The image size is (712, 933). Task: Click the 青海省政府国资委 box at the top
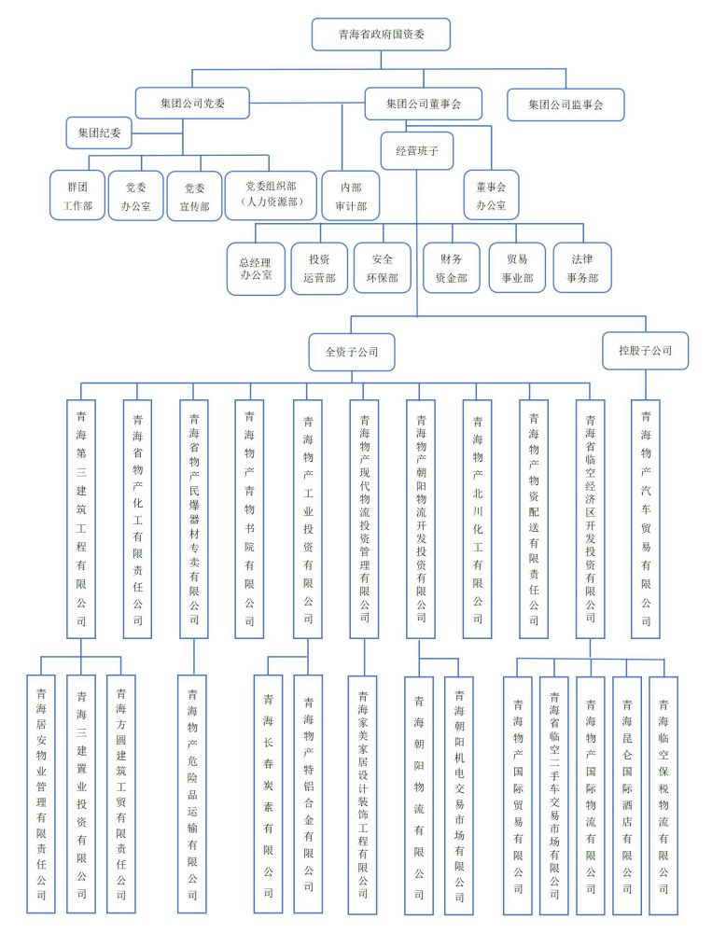(x=381, y=35)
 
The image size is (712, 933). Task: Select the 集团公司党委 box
(x=193, y=104)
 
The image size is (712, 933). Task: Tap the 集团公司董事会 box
(x=423, y=104)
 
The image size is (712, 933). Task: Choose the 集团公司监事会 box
(x=565, y=104)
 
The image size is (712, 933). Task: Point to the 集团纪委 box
(x=99, y=133)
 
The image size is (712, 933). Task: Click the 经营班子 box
(x=417, y=149)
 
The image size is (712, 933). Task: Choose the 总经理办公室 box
(x=256, y=268)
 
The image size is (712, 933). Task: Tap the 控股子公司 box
(x=645, y=351)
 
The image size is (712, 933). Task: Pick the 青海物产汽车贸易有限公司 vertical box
(x=646, y=518)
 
